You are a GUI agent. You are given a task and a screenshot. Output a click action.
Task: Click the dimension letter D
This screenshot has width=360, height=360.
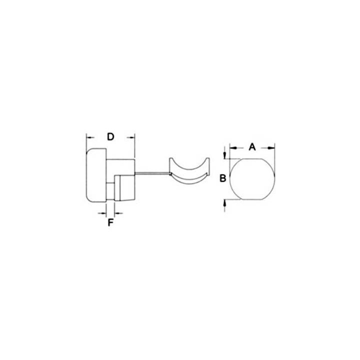click(110, 137)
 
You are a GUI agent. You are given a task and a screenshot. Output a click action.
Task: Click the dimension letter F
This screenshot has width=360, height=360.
click(110, 222)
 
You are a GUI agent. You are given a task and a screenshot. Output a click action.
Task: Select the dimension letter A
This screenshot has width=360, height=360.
click(252, 146)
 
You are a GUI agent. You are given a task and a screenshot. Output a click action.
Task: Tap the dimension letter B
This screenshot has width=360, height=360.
click(222, 178)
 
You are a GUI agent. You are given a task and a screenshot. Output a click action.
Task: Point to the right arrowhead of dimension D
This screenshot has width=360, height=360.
click(131, 138)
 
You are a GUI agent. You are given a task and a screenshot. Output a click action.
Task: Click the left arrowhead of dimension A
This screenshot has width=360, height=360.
click(233, 148)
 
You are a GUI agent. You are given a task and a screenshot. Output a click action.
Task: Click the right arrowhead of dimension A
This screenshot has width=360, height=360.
click(271, 148)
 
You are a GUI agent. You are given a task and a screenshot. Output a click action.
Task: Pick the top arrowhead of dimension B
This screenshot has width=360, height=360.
click(225, 154)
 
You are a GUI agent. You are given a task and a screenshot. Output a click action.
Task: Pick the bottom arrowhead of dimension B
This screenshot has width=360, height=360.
click(225, 203)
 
